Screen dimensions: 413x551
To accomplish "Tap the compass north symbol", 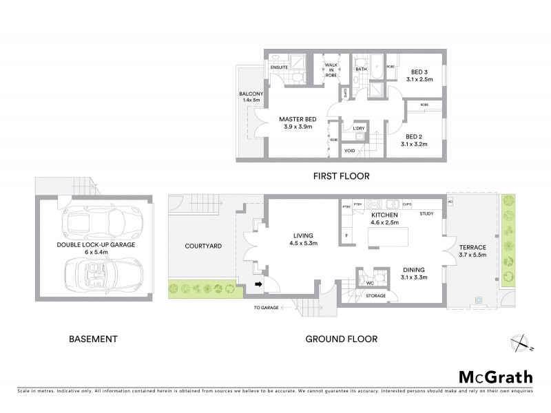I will (521, 342).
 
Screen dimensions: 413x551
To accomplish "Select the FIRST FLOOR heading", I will (342, 176).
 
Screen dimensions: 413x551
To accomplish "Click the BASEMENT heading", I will (93, 339).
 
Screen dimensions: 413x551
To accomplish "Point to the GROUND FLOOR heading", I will (342, 339).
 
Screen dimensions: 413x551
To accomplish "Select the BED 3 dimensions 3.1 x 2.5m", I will (419, 80).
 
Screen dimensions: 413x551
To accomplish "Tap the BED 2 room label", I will (415, 136).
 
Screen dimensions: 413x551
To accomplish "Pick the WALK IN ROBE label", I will (331, 70).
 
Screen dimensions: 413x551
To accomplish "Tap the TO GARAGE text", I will (266, 308).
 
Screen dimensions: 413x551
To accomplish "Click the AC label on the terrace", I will (450, 202).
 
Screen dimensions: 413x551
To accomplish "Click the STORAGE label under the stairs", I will (376, 296).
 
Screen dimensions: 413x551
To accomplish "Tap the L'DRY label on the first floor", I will (358, 129).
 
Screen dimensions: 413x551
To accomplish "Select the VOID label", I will (350, 150).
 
